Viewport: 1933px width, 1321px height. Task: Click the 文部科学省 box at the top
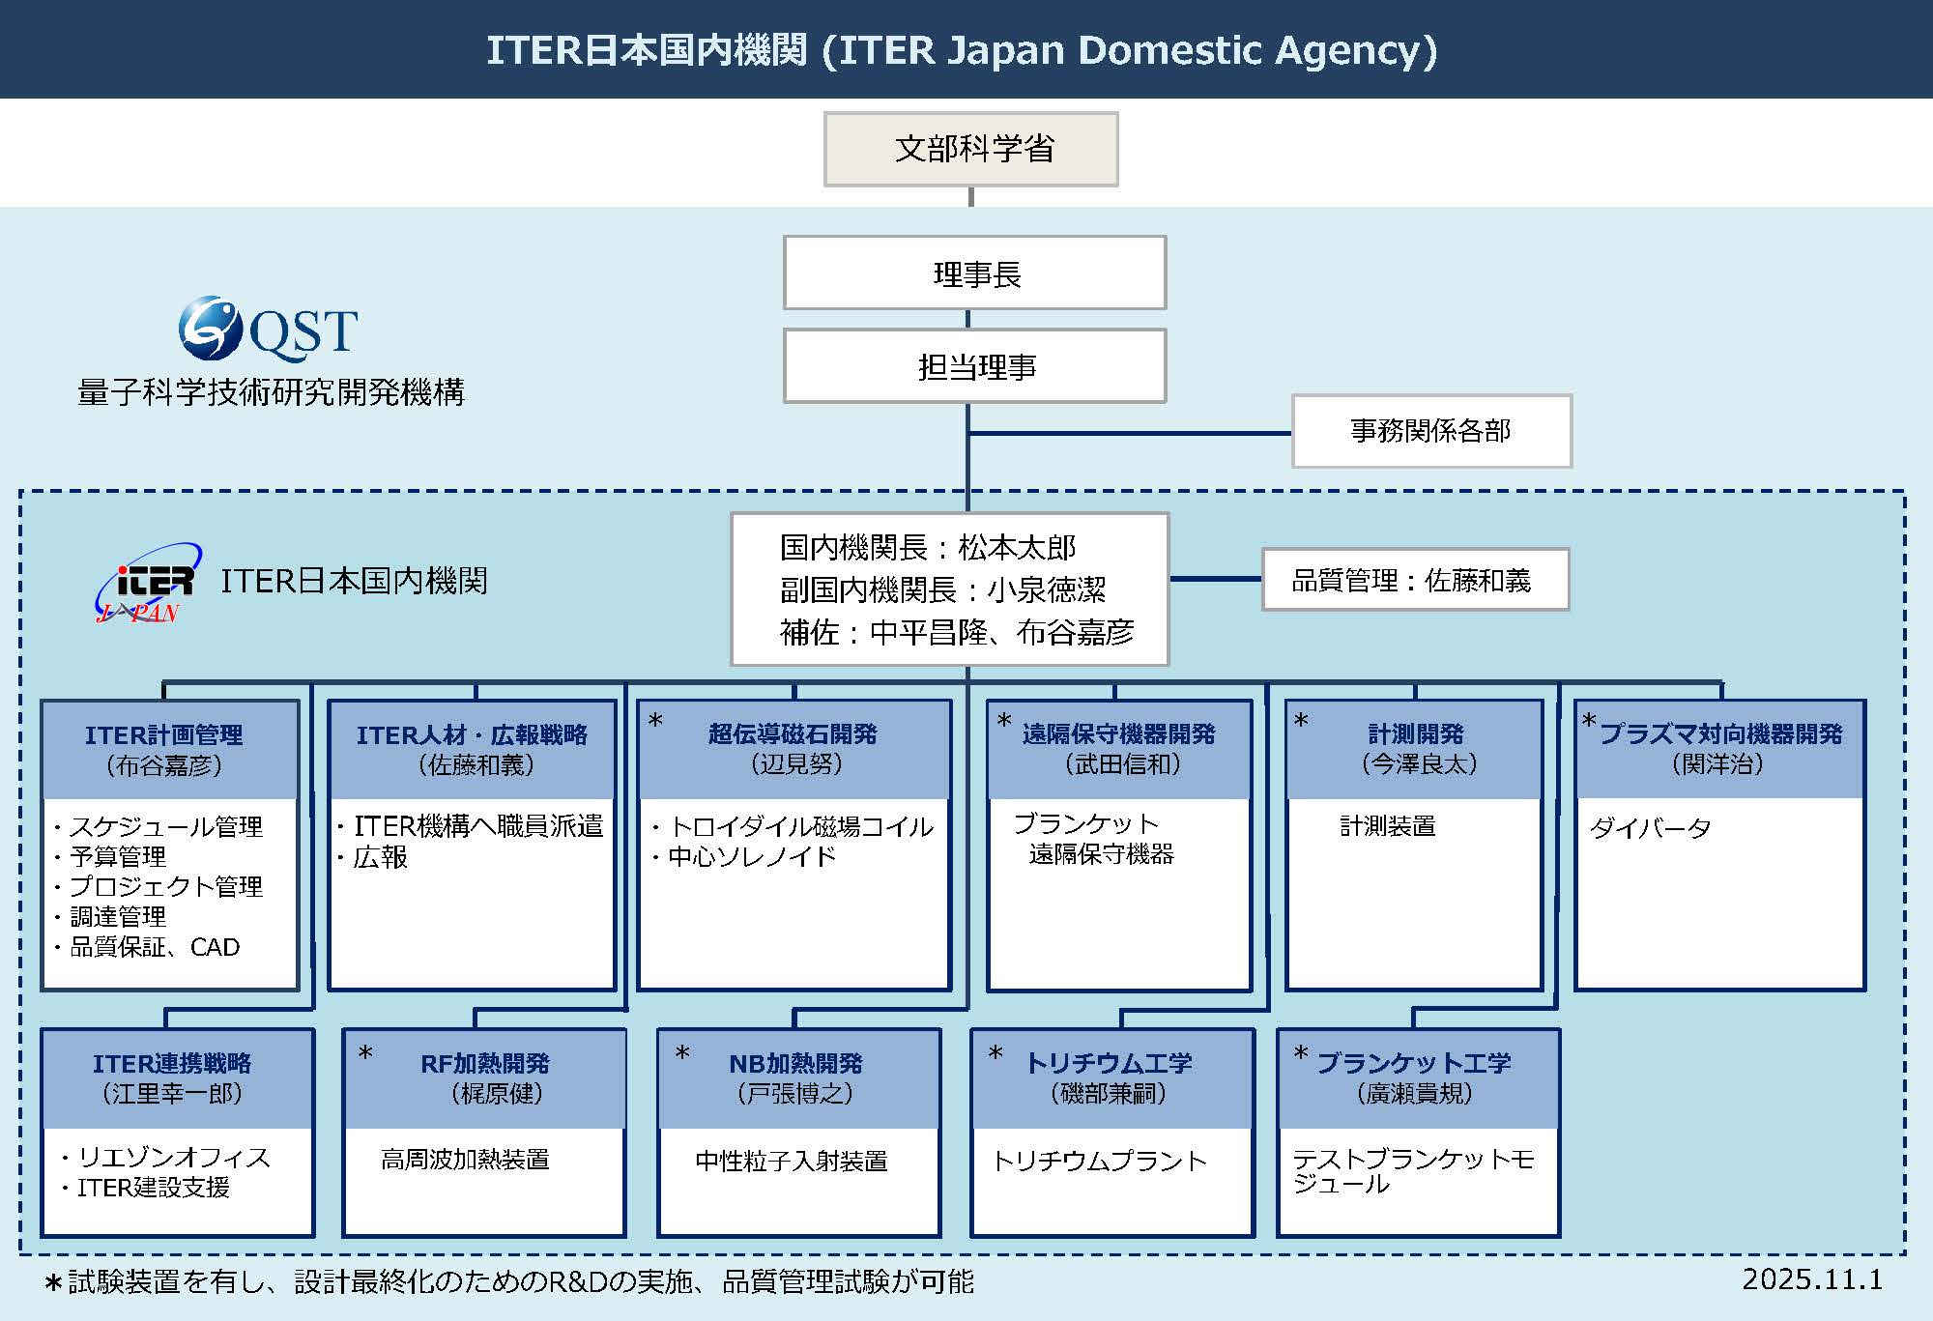(x=970, y=149)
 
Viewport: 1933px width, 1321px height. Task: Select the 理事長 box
(x=974, y=273)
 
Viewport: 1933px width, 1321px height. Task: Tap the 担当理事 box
(x=974, y=366)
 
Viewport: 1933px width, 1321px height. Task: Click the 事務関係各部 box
(x=1430, y=431)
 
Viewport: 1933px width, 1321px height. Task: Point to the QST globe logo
(x=210, y=329)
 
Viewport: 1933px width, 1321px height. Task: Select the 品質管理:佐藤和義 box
(x=1414, y=580)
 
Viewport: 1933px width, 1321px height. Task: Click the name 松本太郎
(x=1017, y=548)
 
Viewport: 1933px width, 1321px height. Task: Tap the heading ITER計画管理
(x=164, y=734)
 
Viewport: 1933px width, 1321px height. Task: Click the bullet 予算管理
(x=117, y=856)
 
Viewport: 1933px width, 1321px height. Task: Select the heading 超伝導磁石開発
(x=793, y=733)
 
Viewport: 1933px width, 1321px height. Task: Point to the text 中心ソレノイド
(x=751, y=856)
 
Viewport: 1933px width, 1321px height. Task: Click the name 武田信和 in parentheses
(x=1122, y=764)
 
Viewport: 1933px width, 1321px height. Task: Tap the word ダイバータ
(x=1650, y=828)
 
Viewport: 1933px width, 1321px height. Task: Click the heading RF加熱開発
(x=484, y=1063)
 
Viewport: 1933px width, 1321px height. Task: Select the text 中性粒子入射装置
(x=791, y=1161)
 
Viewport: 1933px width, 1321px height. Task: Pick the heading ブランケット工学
(x=1413, y=1063)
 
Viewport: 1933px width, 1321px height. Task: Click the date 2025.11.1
(x=1811, y=1279)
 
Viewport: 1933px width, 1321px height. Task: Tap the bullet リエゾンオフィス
(x=173, y=1157)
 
